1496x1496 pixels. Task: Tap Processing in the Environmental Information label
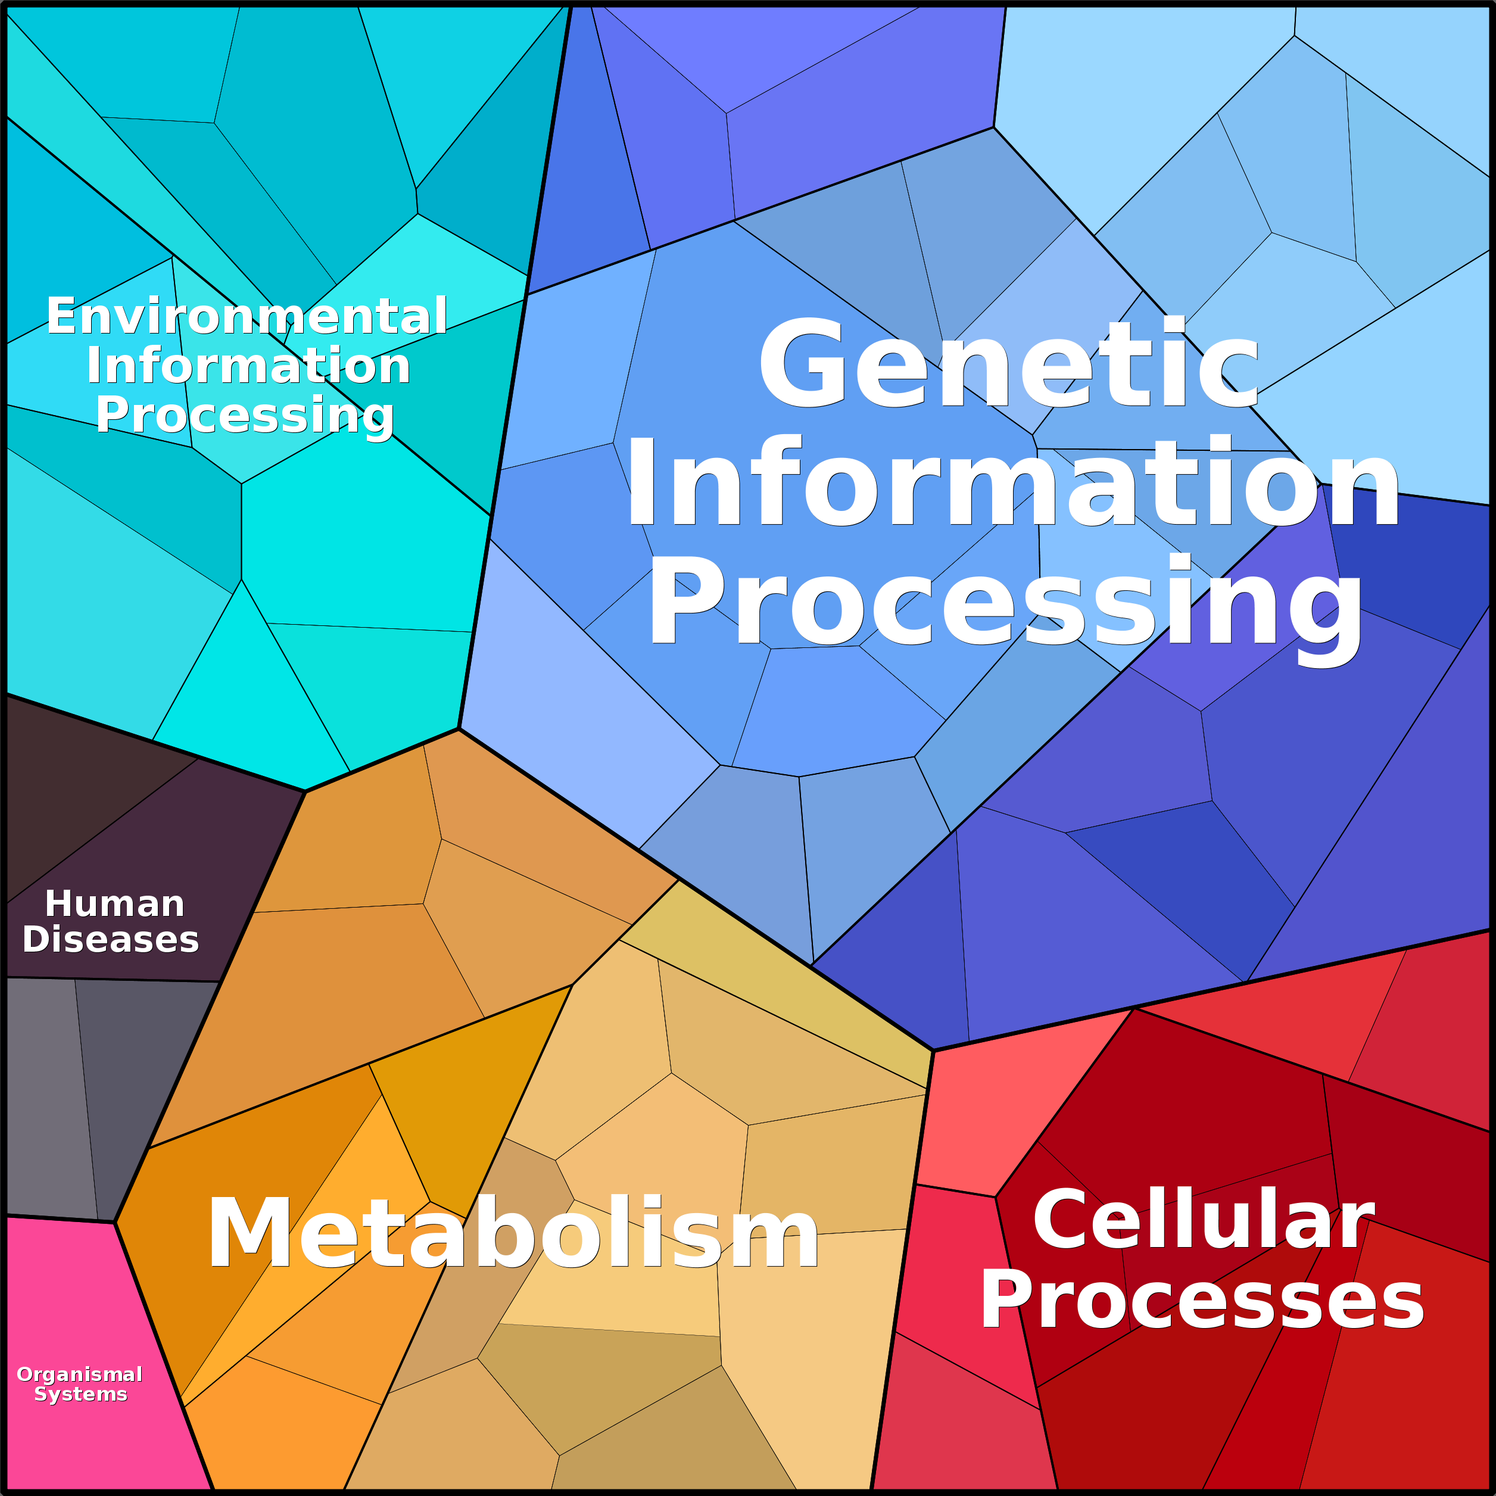tap(245, 416)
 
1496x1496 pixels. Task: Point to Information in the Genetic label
tap(1012, 482)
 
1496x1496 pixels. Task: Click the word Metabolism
tap(513, 1233)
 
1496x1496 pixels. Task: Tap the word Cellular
tap(1204, 1220)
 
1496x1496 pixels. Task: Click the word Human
tap(114, 903)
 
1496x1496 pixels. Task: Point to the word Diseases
tap(111, 939)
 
